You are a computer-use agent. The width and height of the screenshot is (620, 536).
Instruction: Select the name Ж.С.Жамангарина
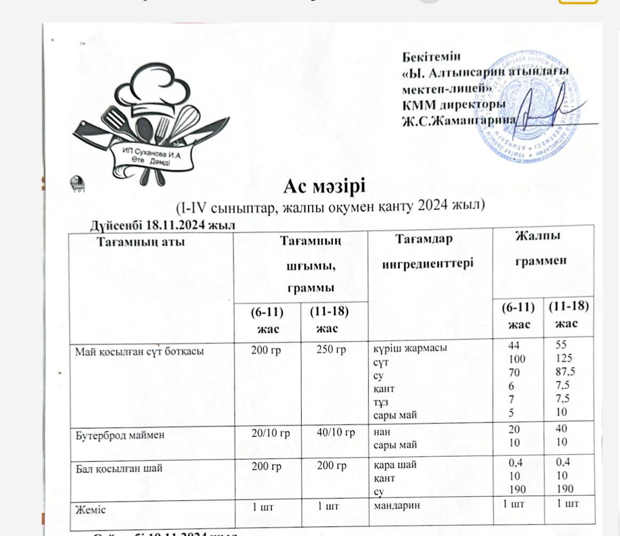pos(458,120)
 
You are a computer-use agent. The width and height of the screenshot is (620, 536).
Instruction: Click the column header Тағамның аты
pos(141,241)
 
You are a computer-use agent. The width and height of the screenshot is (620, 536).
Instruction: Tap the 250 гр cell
pos(332,350)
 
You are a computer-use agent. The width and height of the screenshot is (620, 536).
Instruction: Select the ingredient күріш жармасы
pos(409,349)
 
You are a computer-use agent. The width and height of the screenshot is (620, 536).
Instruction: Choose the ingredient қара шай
pos(394,464)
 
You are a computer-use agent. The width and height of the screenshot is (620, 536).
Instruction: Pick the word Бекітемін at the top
pos(431,56)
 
